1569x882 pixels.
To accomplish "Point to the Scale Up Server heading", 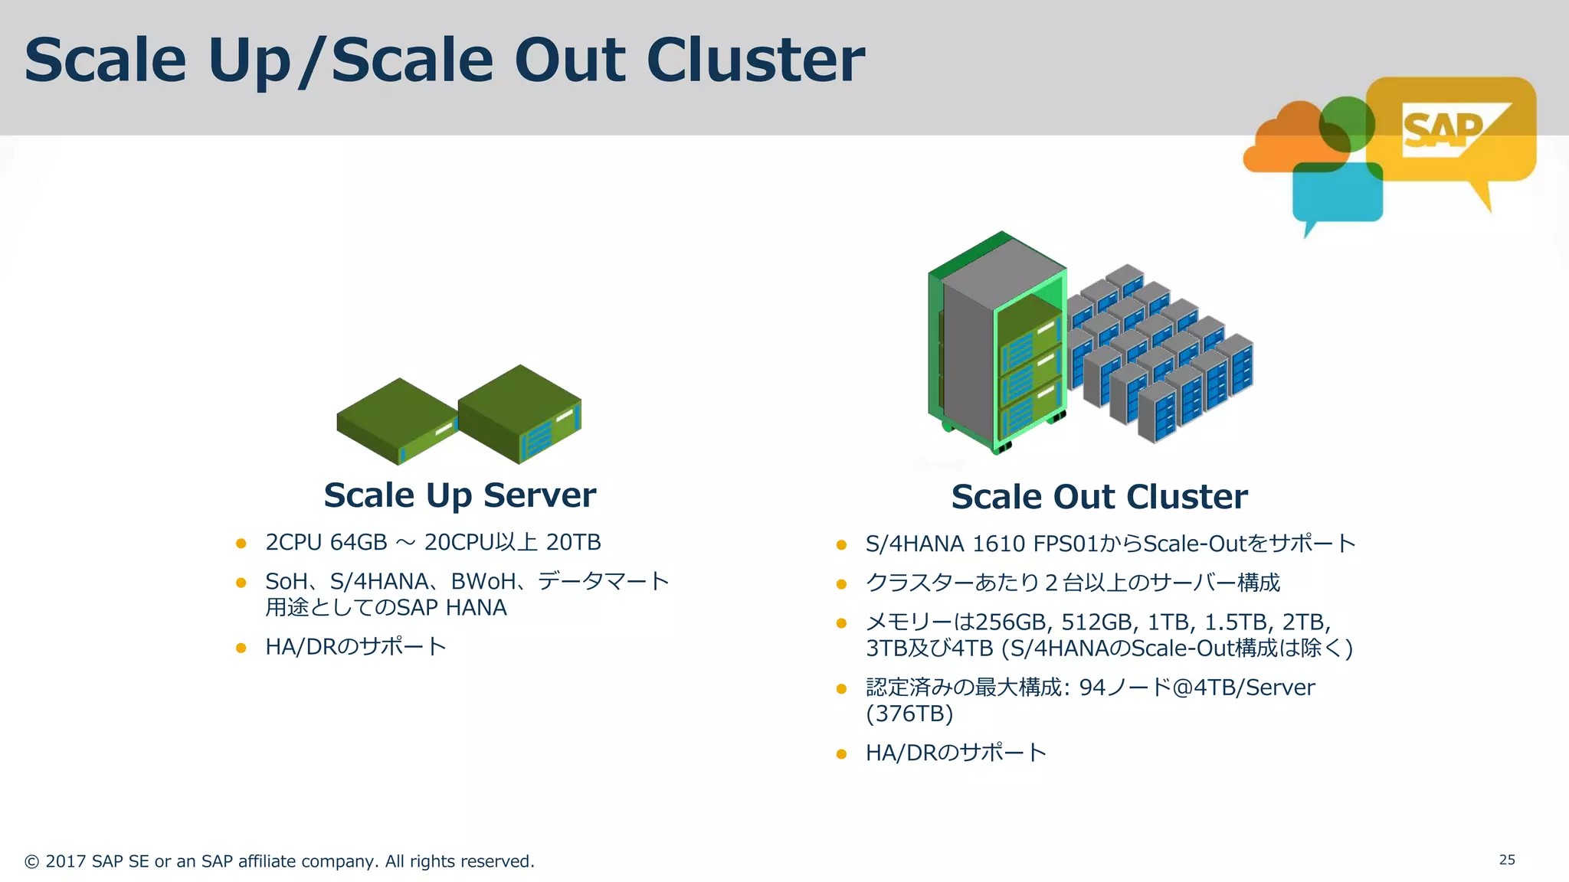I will [460, 495].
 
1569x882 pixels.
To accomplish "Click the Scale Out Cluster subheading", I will [1099, 497].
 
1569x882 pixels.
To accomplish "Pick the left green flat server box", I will [397, 421].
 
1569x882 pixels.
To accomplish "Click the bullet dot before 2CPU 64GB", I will [241, 544].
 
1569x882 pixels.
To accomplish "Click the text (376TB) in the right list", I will [909, 714].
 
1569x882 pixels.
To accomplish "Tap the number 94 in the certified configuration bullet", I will [1092, 688].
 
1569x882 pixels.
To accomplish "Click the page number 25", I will [1506, 860].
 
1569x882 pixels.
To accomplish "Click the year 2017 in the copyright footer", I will [65, 861].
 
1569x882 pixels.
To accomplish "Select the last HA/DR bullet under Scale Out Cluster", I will [955, 753].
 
